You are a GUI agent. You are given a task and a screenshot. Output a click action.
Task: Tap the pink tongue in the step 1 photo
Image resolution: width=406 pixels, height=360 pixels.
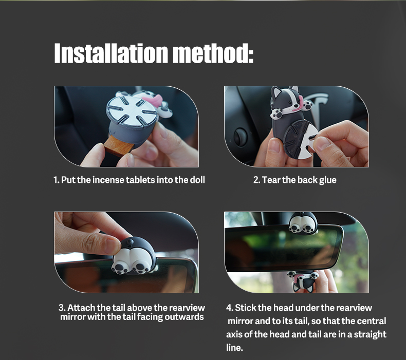click(153, 98)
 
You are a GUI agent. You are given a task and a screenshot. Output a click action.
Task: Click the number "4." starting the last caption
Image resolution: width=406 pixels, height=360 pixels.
click(230, 308)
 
